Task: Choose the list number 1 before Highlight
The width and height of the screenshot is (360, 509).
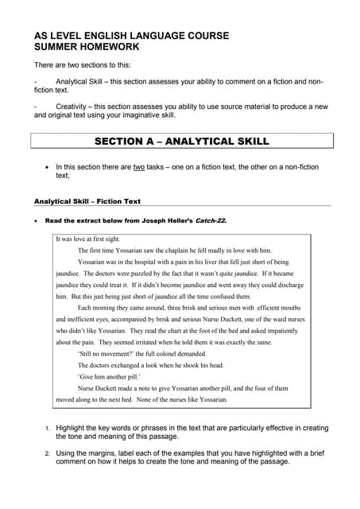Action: tap(46, 429)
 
